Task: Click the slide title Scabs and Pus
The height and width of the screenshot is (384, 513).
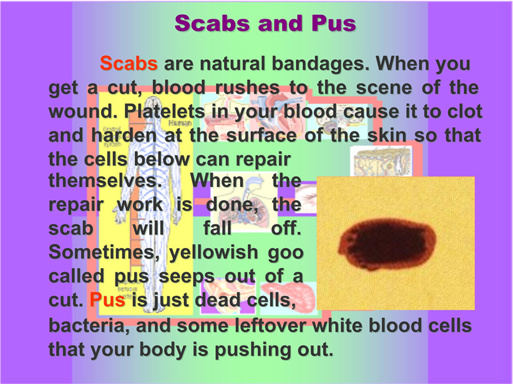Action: click(265, 23)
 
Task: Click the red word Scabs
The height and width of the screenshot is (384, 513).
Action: click(129, 63)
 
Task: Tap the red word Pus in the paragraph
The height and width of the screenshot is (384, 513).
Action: click(107, 300)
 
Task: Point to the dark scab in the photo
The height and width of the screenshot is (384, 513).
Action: click(387, 244)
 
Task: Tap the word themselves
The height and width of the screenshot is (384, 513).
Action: click(105, 180)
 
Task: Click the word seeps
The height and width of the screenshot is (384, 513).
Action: click(187, 277)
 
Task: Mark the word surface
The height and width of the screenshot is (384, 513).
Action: click(261, 135)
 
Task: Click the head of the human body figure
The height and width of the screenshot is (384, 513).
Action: click(152, 105)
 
